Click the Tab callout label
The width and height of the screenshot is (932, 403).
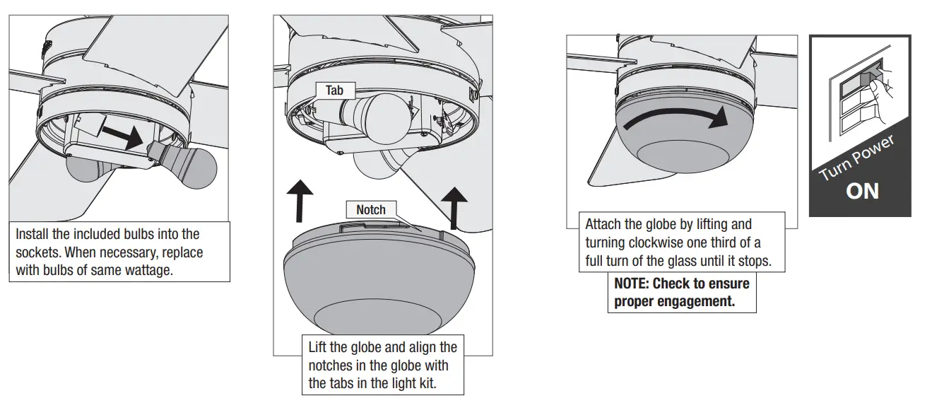coord(334,90)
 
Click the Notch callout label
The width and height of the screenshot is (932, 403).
coord(370,209)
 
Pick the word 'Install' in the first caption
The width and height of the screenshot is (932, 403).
coord(33,233)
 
